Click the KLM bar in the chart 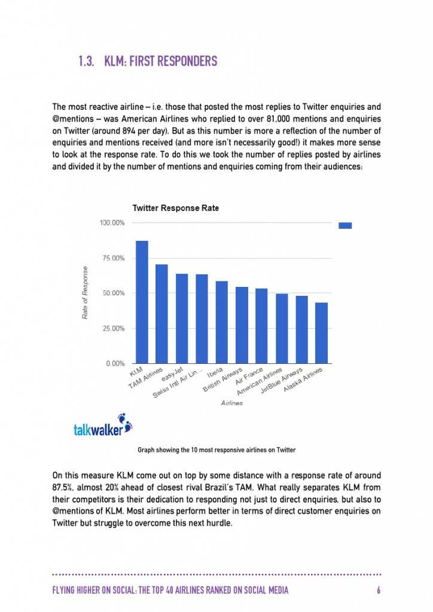pyautogui.click(x=142, y=302)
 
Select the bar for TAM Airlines pyautogui.click(x=161, y=314)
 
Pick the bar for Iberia pyautogui.click(x=221, y=322)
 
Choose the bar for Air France pyautogui.click(x=261, y=326)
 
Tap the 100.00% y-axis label pyautogui.click(x=111, y=223)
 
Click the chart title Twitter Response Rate pyautogui.click(x=175, y=208)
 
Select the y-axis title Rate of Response pyautogui.click(x=85, y=292)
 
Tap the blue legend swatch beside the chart pyautogui.click(x=345, y=225)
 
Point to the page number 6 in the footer pyautogui.click(x=379, y=590)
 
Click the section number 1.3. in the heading pyautogui.click(x=87, y=61)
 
